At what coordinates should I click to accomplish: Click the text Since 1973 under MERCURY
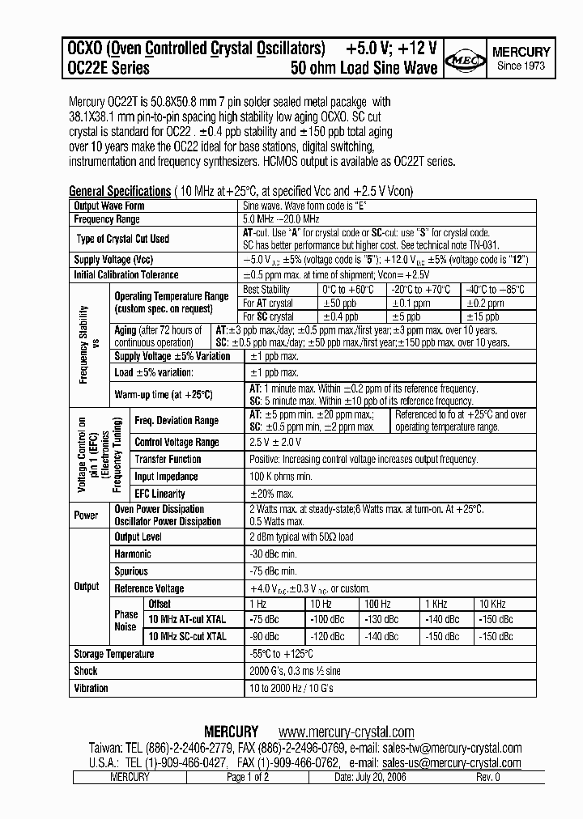pyautogui.click(x=521, y=66)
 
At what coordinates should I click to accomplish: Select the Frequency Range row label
pyautogui.click(x=106, y=219)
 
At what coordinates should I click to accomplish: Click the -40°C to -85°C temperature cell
pyautogui.click(x=494, y=289)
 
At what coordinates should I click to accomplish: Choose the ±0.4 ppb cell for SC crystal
pyautogui.click(x=340, y=316)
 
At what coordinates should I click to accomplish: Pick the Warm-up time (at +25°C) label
pyautogui.click(x=164, y=394)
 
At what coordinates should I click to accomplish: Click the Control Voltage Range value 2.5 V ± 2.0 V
pyautogui.click(x=275, y=442)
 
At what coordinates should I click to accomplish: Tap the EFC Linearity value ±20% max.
pyautogui.click(x=270, y=494)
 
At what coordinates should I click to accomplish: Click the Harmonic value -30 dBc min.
pyautogui.click(x=274, y=554)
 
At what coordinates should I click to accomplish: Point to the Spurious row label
pyautogui.click(x=130, y=571)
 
